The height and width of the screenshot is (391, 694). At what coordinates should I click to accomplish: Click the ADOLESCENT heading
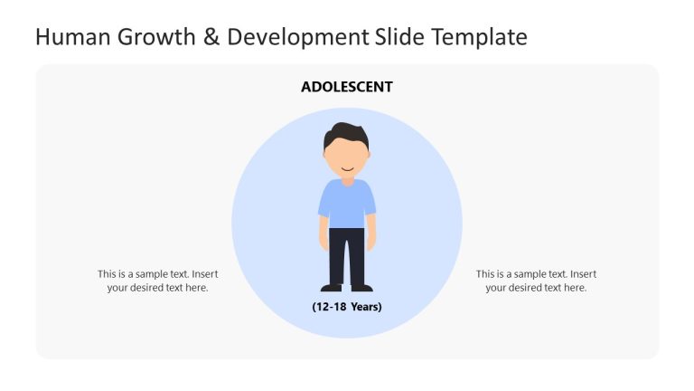[x=347, y=88]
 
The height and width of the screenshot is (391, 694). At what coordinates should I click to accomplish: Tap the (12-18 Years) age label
[x=347, y=307]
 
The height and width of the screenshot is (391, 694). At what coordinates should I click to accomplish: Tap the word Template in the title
[x=479, y=37]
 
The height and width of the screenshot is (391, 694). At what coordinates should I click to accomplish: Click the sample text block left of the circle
[x=158, y=281]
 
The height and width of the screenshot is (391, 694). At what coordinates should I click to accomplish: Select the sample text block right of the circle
[x=536, y=281]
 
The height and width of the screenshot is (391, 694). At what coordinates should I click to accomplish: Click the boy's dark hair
[x=347, y=133]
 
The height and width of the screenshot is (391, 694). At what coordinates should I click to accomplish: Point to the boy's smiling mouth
[x=347, y=168]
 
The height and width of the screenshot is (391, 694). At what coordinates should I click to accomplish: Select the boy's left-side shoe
[x=331, y=288]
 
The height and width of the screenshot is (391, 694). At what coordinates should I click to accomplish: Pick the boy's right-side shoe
[x=362, y=288]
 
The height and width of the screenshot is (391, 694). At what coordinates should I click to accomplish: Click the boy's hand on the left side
[x=324, y=243]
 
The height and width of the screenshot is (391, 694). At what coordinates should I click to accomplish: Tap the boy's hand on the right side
[x=370, y=243]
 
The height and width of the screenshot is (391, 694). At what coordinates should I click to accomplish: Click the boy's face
[x=347, y=158]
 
